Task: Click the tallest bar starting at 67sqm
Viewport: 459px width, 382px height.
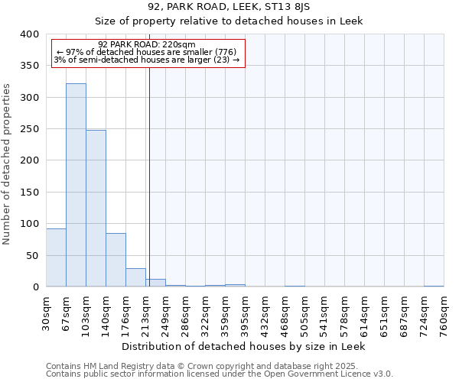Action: point(76,185)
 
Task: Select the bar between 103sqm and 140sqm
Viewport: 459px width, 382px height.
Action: point(96,209)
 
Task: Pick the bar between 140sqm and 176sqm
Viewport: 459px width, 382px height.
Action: point(116,260)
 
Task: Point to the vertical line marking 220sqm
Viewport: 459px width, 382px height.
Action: point(150,176)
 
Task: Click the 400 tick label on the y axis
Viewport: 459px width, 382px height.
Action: point(29,34)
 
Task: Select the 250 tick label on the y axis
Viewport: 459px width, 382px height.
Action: point(29,129)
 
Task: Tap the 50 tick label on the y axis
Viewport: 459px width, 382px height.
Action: point(32,255)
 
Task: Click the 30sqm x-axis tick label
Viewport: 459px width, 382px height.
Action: point(47,312)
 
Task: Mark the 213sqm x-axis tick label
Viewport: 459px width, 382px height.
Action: point(146,312)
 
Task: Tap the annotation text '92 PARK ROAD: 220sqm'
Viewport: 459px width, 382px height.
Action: point(148,44)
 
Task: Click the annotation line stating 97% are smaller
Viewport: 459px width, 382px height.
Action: point(148,52)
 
